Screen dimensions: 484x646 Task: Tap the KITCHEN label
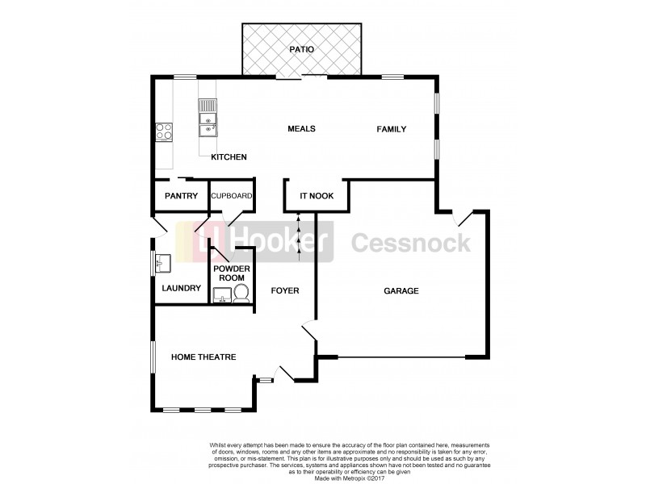pos(229,156)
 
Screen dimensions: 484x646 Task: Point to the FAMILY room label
pos(391,129)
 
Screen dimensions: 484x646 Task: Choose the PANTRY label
pos(181,195)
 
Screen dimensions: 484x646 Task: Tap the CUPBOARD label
pos(232,195)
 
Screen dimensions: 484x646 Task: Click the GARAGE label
pos(401,290)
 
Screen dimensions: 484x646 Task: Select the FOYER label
pos(285,290)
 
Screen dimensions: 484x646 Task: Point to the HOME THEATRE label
pos(203,357)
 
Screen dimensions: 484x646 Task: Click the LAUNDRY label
pos(180,287)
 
